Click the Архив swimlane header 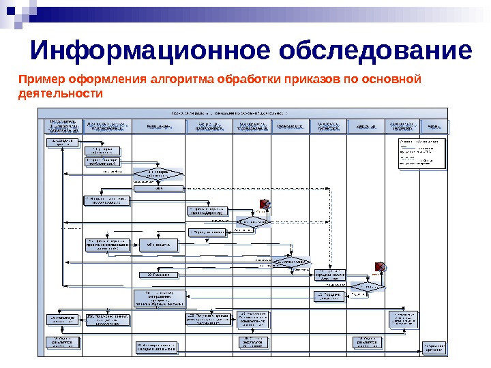434,127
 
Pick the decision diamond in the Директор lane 366,287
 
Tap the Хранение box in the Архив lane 434,346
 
